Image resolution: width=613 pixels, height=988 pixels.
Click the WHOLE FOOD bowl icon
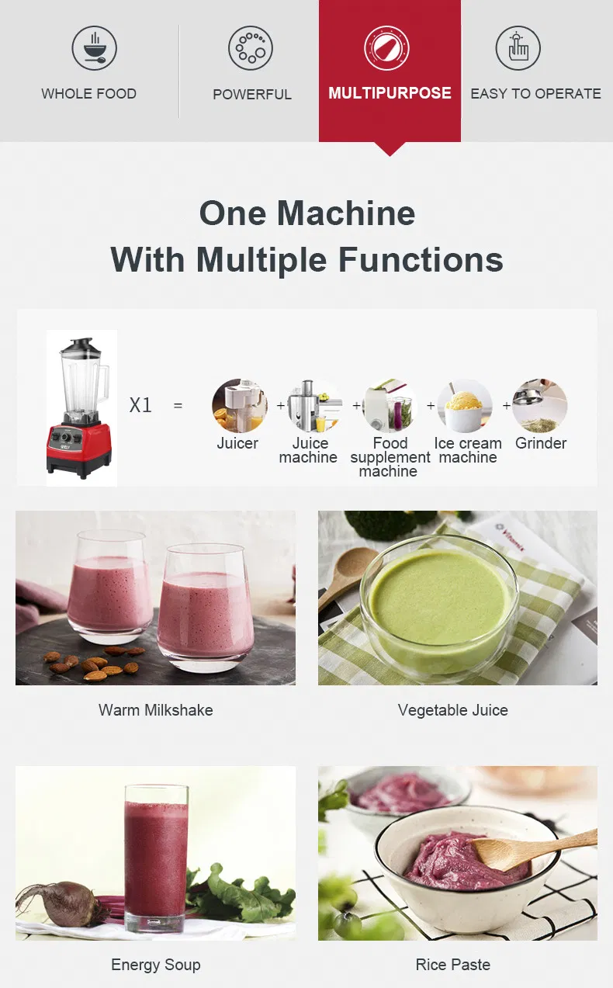[x=94, y=48]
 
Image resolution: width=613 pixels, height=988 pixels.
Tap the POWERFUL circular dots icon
[x=251, y=48]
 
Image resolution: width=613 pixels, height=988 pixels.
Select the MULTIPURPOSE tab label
[x=390, y=93]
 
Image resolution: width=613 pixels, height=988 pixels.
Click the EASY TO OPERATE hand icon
[x=518, y=48]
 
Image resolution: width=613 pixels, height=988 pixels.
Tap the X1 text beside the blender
[x=140, y=405]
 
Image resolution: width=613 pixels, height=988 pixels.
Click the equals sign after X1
[x=178, y=405]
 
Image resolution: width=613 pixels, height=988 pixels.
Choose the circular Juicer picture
[x=240, y=405]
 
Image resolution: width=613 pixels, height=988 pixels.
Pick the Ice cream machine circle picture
[x=465, y=405]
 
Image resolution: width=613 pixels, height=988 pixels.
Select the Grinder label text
[x=541, y=443]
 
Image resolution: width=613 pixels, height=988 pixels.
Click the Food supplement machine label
[x=390, y=457]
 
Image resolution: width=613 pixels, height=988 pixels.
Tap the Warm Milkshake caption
[x=155, y=710]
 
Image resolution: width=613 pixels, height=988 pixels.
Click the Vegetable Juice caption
[x=452, y=710]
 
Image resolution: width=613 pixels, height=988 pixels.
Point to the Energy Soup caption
[x=155, y=965]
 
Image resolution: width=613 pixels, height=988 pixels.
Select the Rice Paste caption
[x=452, y=965]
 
